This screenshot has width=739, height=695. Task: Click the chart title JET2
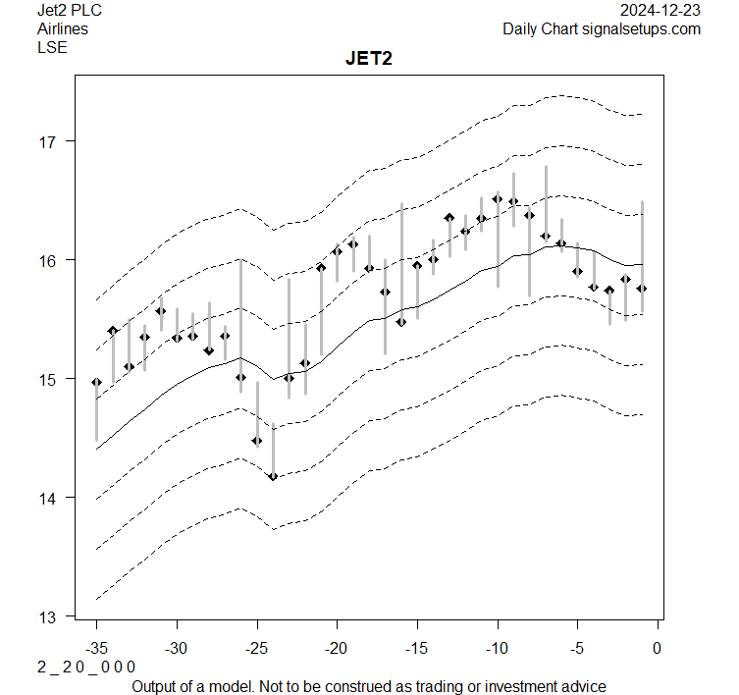click(369, 59)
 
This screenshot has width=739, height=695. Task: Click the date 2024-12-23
click(660, 11)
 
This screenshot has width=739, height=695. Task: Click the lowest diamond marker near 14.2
click(273, 476)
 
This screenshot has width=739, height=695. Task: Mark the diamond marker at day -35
click(96, 382)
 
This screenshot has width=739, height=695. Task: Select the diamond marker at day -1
click(642, 289)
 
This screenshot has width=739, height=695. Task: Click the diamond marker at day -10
click(498, 199)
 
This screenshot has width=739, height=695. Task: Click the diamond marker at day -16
click(401, 322)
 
